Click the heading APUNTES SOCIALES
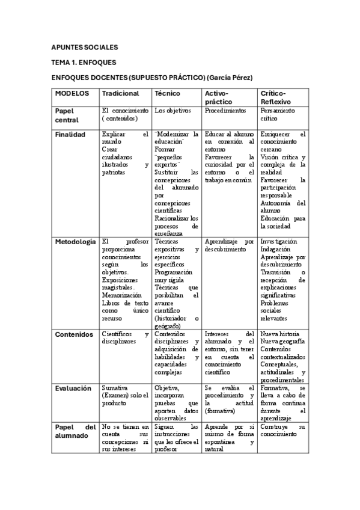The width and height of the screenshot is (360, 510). [x=84, y=47]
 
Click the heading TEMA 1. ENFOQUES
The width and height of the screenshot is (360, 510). [x=83, y=62]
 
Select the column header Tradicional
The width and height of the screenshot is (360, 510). [x=120, y=93]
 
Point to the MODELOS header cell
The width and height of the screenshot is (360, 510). [x=72, y=93]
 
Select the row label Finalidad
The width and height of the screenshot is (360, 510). [x=70, y=135]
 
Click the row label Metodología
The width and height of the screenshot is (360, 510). [x=75, y=242]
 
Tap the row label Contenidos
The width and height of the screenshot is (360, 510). [x=74, y=334]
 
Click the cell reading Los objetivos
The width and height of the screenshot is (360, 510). [x=172, y=111]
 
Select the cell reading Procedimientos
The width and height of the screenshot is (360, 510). [x=225, y=111]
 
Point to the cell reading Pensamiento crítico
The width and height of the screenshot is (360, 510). [x=277, y=115]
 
